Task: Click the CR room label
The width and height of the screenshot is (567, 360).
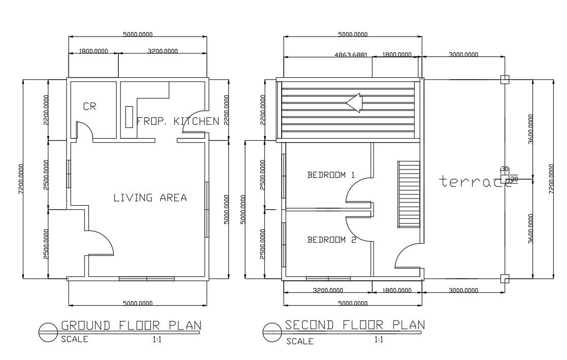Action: click(90, 107)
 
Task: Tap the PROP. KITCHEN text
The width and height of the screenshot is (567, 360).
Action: click(178, 121)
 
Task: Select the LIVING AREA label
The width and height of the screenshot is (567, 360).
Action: click(150, 198)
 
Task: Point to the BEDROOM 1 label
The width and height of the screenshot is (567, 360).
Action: click(330, 175)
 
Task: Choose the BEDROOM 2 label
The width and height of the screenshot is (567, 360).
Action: click(331, 240)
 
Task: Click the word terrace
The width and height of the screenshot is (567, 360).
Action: click(475, 181)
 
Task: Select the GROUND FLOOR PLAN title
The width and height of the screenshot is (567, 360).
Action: click(131, 325)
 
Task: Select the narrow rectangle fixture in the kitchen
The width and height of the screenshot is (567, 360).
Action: click(129, 117)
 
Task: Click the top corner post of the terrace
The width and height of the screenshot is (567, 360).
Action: click(504, 79)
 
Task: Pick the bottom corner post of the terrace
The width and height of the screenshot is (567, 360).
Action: click(504, 278)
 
